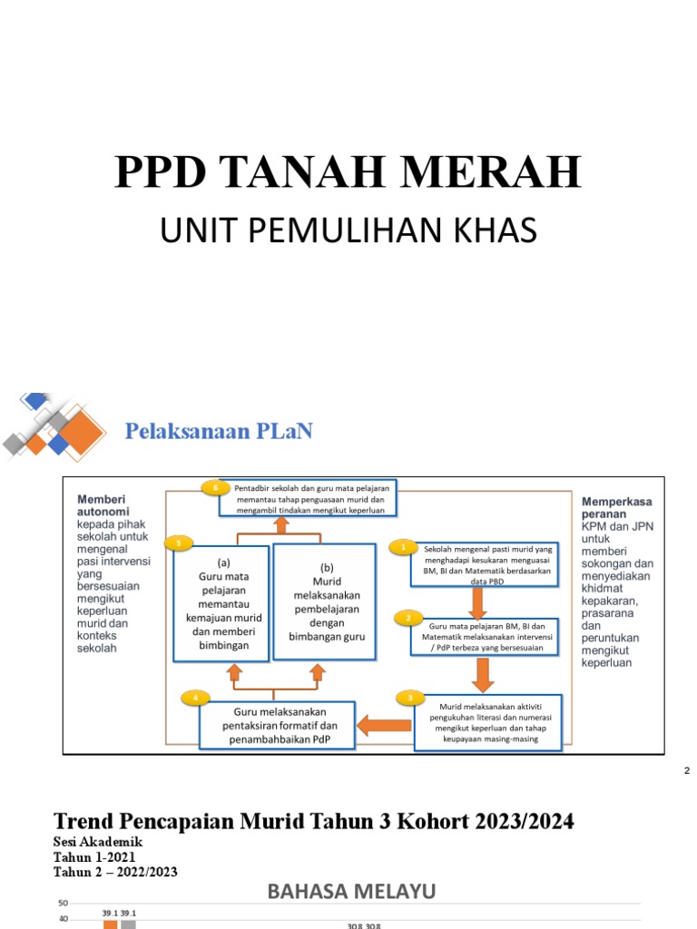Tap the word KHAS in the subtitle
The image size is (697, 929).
pyautogui.click(x=496, y=231)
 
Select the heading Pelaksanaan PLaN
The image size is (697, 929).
pyautogui.click(x=219, y=431)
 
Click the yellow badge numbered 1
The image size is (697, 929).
pyautogui.click(x=403, y=547)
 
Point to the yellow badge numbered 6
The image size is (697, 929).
pyautogui.click(x=215, y=487)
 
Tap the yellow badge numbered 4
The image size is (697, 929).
pyautogui.click(x=194, y=698)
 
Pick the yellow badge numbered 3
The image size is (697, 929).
pyautogui.click(x=410, y=698)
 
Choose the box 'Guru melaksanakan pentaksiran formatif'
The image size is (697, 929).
pyautogui.click(x=278, y=725)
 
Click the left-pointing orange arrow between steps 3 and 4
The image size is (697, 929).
pyautogui.click(x=385, y=724)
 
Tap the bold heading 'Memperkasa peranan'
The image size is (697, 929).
pyautogui.click(x=617, y=506)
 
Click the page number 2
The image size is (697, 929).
pyautogui.click(x=687, y=770)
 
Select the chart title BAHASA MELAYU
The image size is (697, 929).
pyautogui.click(x=351, y=892)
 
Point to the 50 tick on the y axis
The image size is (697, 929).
pyautogui.click(x=64, y=903)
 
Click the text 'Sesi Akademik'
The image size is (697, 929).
pyautogui.click(x=98, y=842)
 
